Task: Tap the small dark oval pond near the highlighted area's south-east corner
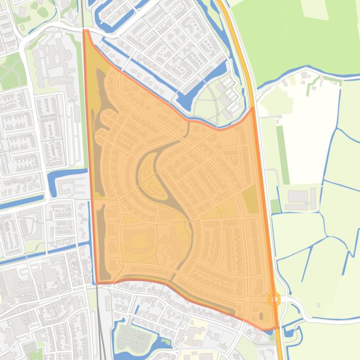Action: click(x=261, y=316)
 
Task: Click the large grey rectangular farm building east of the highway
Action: click(x=298, y=196)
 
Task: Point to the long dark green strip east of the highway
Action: click(x=283, y=154)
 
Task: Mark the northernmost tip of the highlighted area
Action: click(x=86, y=31)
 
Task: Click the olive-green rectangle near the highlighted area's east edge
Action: click(x=251, y=199)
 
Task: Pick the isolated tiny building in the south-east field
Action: click(x=318, y=305)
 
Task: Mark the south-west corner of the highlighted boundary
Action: click(x=97, y=283)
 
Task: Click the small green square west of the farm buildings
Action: click(x=275, y=205)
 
